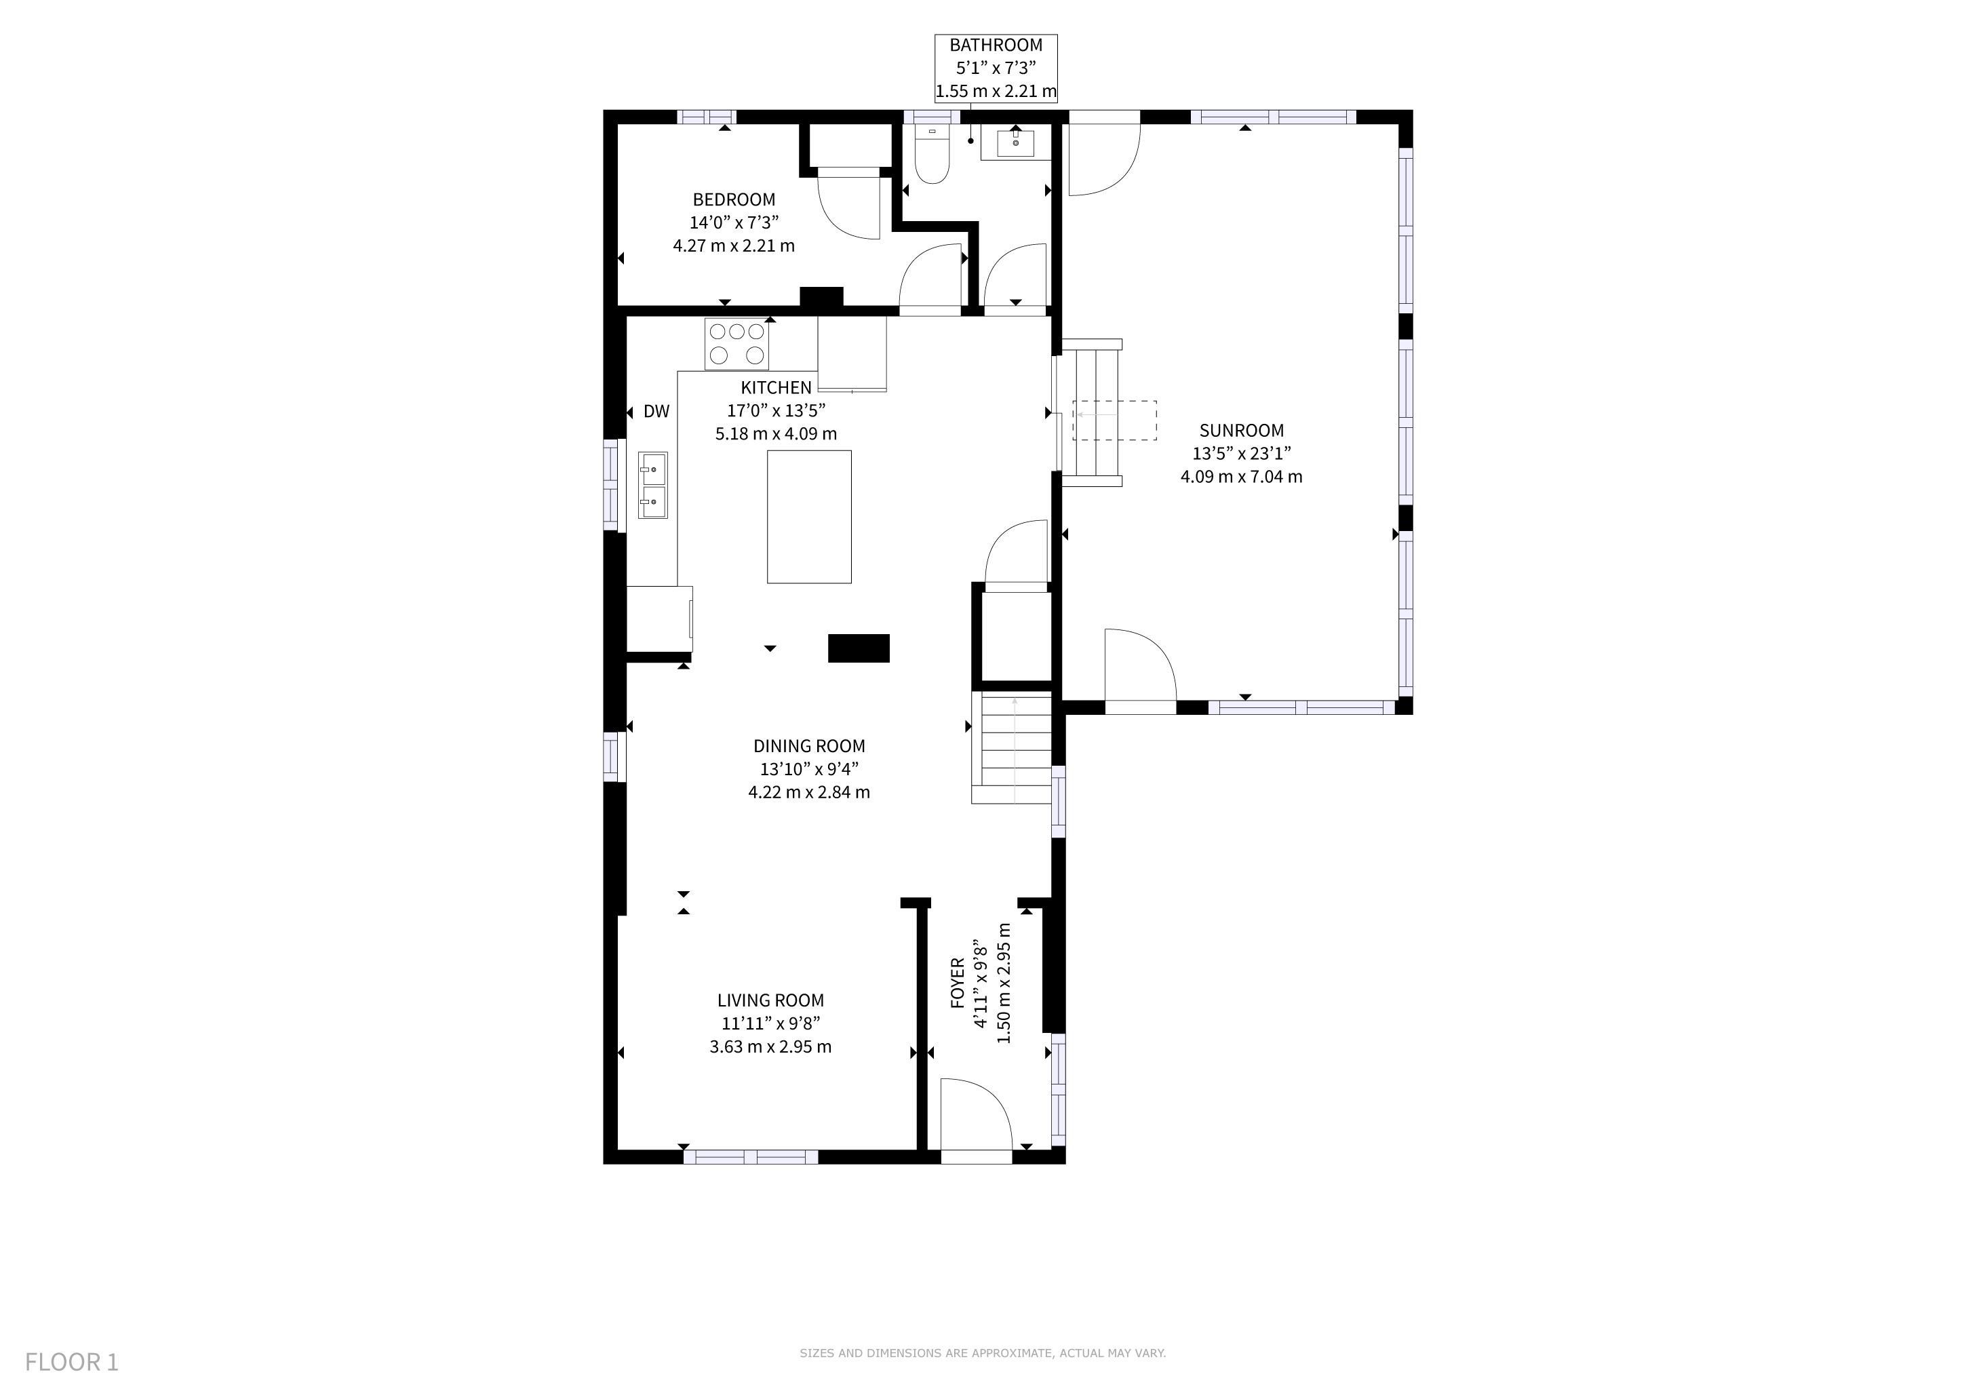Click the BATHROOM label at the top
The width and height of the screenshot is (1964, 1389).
pos(996,45)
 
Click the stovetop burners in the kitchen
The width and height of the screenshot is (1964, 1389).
pos(736,344)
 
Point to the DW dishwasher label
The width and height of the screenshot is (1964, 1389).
pos(656,412)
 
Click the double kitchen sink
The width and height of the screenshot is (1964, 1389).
pos(652,486)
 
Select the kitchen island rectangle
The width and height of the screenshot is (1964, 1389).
pos(809,517)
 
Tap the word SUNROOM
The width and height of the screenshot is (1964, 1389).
pos(1241,430)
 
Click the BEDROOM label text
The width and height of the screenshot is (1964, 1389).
pos(734,199)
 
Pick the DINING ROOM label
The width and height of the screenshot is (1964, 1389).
pos(809,746)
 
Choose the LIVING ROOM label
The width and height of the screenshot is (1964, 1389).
pos(770,1000)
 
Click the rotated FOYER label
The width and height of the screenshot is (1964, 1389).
pos(958,983)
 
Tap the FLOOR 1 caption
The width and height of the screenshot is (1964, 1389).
pos(72,1362)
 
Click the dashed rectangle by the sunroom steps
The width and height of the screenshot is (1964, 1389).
pos(1115,420)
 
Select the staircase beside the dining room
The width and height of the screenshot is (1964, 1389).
pos(1011,747)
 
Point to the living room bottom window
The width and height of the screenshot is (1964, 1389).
pos(751,1157)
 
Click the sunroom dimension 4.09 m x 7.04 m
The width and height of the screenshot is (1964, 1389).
pos(1241,476)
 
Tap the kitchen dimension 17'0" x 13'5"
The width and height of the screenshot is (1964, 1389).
pos(777,410)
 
